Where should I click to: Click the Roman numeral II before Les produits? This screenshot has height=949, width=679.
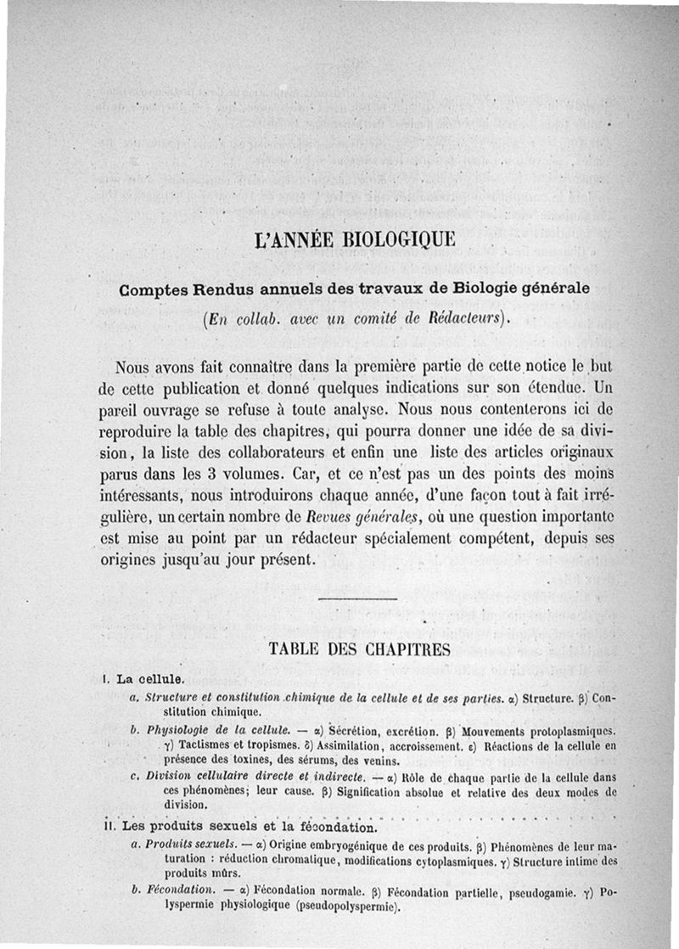[x=108, y=826]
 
